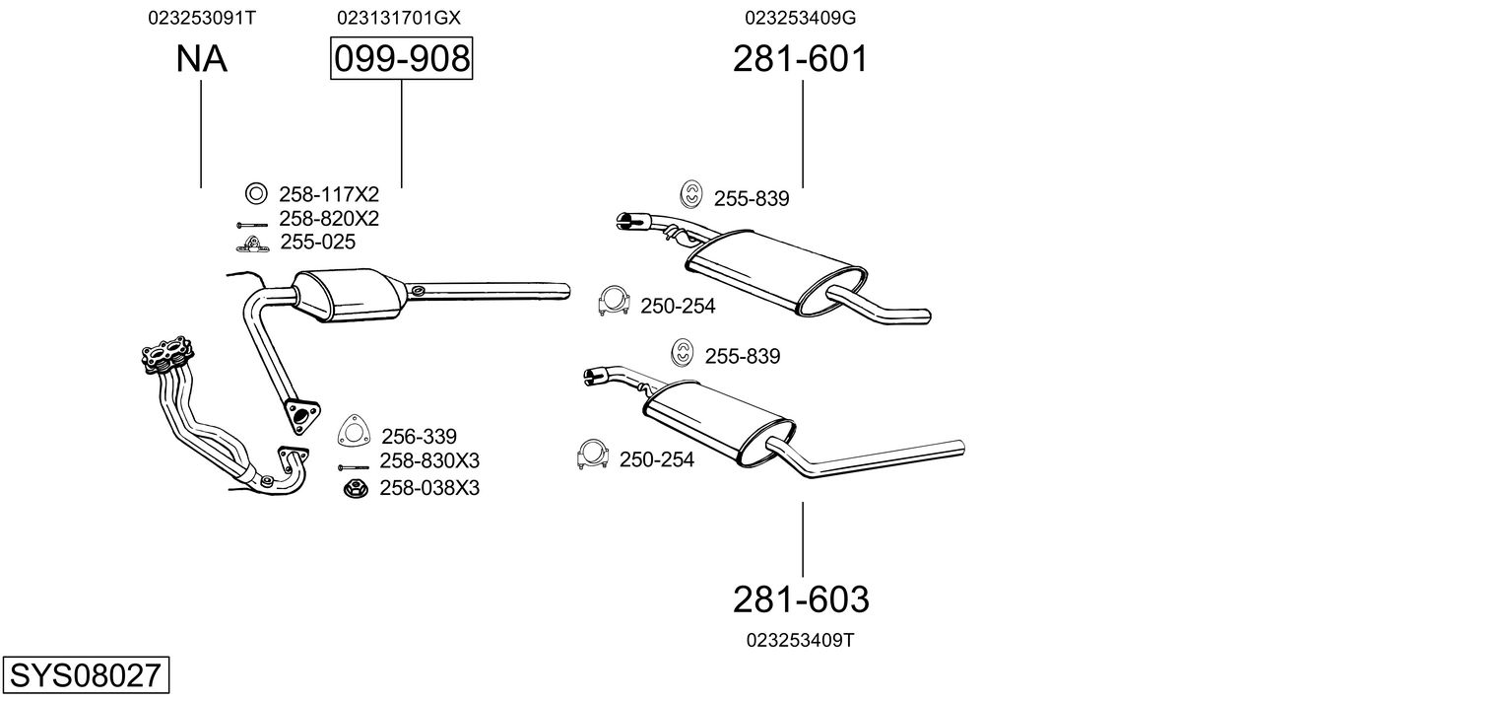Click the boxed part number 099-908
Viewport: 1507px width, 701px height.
tap(401, 59)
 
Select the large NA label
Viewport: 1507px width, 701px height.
tap(201, 59)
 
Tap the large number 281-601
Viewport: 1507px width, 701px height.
tap(800, 59)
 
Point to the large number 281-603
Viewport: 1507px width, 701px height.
tap(800, 598)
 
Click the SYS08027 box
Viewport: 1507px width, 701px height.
tap(85, 676)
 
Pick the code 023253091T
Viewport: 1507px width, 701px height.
tap(202, 18)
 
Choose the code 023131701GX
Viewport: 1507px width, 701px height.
tap(398, 18)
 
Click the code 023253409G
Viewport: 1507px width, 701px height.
tap(800, 18)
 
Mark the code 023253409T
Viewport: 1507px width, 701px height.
tap(800, 640)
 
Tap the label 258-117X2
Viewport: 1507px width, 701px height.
tap(328, 194)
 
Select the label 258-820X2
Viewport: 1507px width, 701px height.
tap(328, 218)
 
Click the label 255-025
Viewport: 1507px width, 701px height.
tap(317, 242)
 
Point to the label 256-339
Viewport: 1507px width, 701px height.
tap(419, 436)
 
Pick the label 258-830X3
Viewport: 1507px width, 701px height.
tap(429, 461)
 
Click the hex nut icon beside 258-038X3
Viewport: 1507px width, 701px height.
tap(355, 487)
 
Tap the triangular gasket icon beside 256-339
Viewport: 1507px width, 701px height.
tap(351, 432)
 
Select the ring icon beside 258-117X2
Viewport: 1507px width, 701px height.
tap(255, 193)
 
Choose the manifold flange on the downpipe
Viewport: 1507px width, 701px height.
tap(168, 355)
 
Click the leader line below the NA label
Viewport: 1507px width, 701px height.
tap(201, 133)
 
